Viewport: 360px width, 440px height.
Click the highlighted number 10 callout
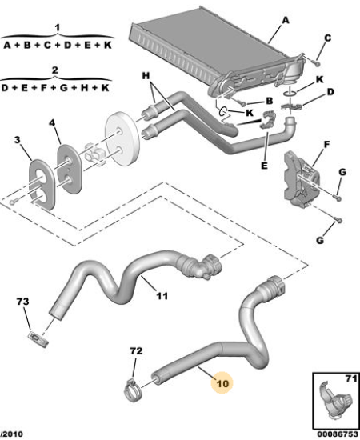coord(223,383)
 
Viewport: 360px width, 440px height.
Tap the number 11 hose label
coord(162,296)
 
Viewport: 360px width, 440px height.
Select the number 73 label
coord(22,302)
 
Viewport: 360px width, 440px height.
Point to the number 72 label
coord(136,351)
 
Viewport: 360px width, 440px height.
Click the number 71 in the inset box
coord(351,379)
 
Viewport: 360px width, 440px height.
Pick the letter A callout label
coord(286,21)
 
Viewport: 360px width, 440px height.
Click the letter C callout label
coord(327,38)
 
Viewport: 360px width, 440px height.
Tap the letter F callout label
coord(327,145)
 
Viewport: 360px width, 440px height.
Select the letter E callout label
coord(264,166)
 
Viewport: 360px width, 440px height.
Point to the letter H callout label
coord(146,75)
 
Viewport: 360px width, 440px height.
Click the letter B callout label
coord(269,101)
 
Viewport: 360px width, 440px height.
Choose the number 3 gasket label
coord(18,139)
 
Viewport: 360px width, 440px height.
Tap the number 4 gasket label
coord(52,122)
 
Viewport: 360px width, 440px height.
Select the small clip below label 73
coord(38,339)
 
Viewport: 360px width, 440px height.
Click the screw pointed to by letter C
coord(316,62)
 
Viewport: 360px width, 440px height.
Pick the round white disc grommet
coord(122,138)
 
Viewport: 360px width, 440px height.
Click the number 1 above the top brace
coord(58,28)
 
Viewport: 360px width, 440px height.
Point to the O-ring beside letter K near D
coord(290,93)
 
